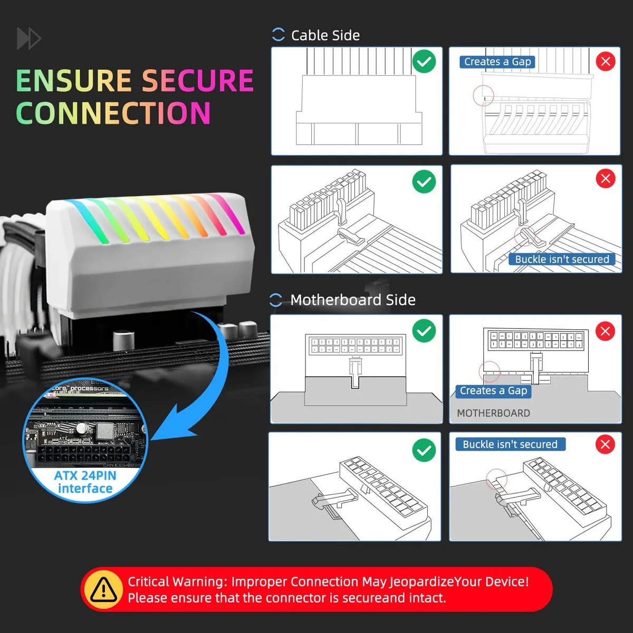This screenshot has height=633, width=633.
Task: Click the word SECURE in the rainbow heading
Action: tap(198, 81)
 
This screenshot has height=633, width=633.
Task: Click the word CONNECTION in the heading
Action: tap(113, 113)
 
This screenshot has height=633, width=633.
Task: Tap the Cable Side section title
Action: tap(325, 35)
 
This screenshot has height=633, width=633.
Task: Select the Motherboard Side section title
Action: tap(353, 300)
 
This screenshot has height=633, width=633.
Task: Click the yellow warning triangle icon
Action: tap(104, 589)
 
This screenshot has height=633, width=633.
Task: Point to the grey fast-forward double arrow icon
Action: tap(29, 39)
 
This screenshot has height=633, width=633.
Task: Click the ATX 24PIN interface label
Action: tap(85, 482)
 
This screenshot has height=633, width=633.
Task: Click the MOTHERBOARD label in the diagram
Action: tap(493, 413)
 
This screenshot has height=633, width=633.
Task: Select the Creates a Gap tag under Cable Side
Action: tap(497, 62)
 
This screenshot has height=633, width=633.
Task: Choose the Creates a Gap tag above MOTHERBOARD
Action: tap(493, 391)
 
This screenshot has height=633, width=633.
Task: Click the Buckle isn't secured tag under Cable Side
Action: tap(562, 259)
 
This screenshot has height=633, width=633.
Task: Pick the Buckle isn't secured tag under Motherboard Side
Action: tap(510, 444)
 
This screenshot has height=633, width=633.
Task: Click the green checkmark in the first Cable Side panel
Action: tap(424, 61)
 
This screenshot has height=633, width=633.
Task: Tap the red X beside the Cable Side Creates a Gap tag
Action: tap(606, 61)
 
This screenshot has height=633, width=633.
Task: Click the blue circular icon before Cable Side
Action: tap(278, 34)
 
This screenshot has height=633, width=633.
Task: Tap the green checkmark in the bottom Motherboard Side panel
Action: tap(424, 450)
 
